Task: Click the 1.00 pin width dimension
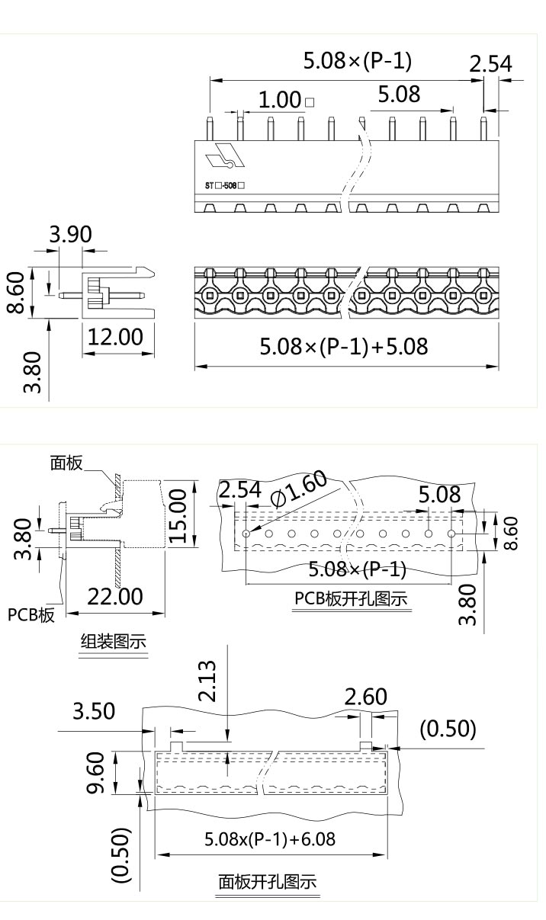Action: pos(280,100)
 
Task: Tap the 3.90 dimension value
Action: pos(69,236)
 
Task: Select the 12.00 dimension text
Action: pos(114,336)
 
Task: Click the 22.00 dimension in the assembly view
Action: pos(114,597)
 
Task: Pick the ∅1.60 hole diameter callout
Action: pos(299,488)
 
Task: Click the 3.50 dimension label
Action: pos(94,711)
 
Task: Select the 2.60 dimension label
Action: pos(366,697)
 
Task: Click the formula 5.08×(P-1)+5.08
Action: pos(344,348)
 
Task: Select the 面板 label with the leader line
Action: pos(66,463)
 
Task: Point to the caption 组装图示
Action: pos(114,642)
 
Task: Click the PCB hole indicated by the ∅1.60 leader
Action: pos(246,534)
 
